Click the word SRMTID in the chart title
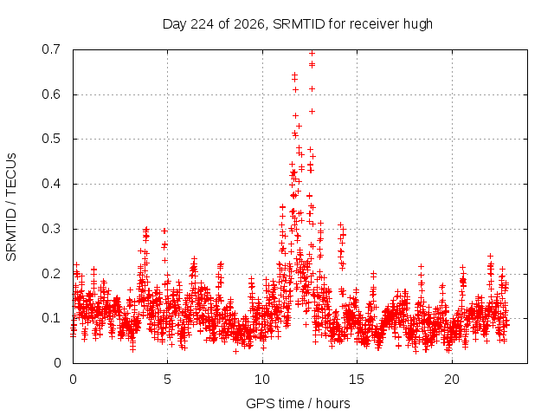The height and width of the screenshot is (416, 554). (299, 24)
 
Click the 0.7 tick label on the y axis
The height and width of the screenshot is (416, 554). (51, 49)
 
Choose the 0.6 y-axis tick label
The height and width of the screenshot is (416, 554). (51, 94)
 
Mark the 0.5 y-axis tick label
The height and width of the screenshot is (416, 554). (51, 139)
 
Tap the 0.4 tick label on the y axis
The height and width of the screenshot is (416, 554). (51, 184)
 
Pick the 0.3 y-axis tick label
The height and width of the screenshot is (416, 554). (51, 229)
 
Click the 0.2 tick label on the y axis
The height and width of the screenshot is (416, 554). (51, 274)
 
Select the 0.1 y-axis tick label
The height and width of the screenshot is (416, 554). (51, 318)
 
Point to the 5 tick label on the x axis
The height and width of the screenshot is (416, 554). (167, 380)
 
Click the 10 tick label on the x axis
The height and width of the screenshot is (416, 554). (262, 380)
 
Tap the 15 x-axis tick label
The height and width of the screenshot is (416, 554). (357, 380)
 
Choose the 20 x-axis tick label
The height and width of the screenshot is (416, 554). (452, 380)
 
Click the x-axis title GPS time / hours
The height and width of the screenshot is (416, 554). (298, 404)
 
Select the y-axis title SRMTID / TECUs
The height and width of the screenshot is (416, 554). (11, 207)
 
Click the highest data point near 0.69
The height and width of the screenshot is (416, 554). (312, 54)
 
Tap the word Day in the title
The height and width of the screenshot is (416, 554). (175, 25)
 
